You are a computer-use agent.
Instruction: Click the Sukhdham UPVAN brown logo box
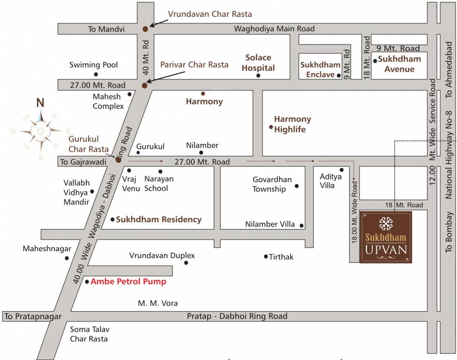pos(386,237)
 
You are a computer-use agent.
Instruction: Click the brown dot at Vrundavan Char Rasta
pos(145,29)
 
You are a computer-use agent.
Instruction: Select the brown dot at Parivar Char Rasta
pos(144,85)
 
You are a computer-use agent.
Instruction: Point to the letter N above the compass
pos(41,103)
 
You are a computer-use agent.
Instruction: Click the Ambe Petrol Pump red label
pos(128,282)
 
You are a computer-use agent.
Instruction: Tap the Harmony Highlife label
pos(292,124)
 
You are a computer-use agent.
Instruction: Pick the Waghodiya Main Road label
pos(274,29)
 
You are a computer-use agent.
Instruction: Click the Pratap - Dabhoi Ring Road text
pos(237,316)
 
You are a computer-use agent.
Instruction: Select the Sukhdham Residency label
pos(158,219)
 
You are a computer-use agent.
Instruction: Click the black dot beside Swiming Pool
pos(96,74)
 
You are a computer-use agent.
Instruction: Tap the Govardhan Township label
pos(272,184)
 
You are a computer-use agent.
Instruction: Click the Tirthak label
pos(281,257)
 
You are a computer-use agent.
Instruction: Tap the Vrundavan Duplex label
pos(162,256)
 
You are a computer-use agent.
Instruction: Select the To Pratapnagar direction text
pos(33,317)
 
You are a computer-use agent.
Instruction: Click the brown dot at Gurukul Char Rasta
pos(119,160)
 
